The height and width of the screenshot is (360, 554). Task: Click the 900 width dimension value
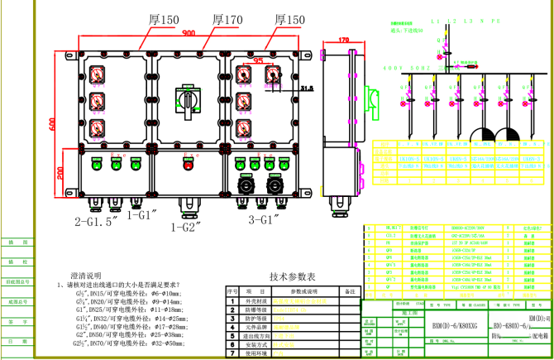click(189, 33)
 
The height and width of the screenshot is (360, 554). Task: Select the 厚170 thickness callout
click(227, 18)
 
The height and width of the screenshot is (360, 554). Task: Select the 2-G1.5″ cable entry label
click(98, 222)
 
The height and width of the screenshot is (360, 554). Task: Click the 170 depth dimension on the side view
click(345, 39)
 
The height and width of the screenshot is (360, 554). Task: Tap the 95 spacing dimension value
click(258, 60)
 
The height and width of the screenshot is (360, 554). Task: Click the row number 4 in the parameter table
click(232, 327)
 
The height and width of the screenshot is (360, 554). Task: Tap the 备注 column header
click(349, 291)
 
